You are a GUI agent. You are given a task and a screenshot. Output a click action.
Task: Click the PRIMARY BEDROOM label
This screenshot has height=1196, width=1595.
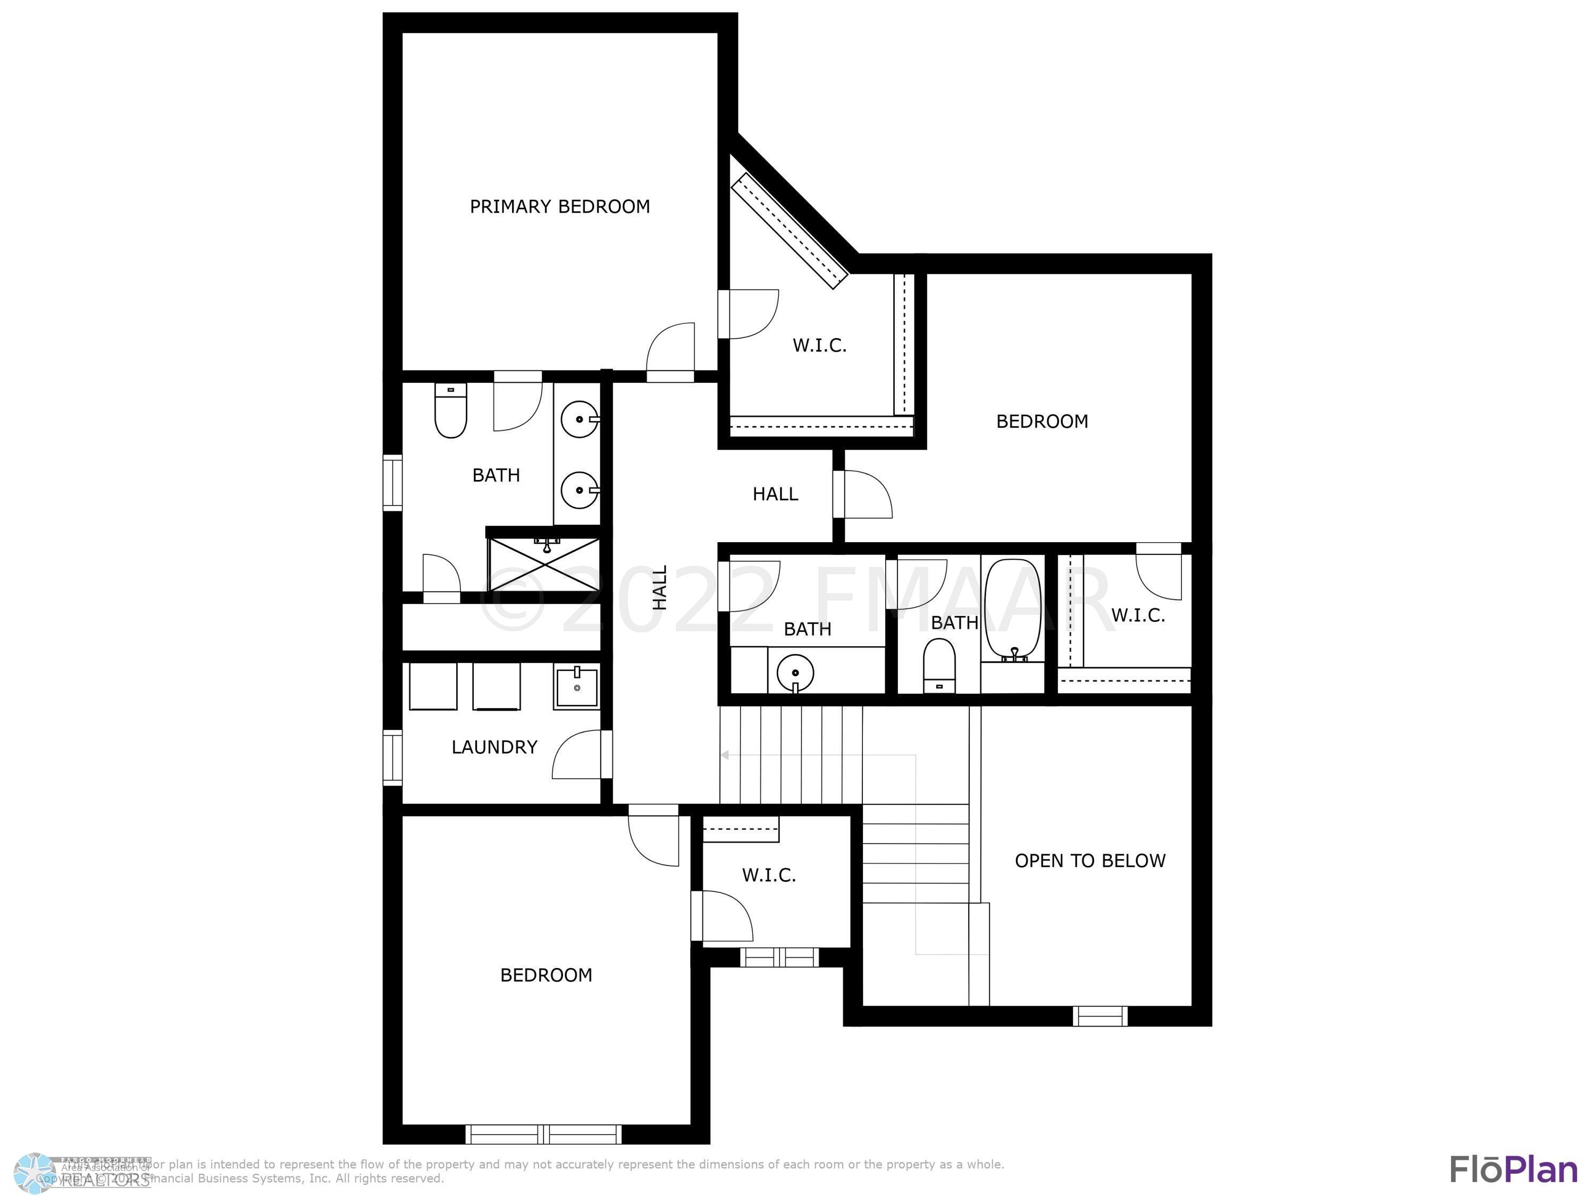tap(559, 207)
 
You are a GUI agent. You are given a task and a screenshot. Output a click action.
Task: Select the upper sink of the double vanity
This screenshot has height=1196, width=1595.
tap(579, 419)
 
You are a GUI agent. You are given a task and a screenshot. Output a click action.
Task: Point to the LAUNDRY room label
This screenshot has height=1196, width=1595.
tap(494, 747)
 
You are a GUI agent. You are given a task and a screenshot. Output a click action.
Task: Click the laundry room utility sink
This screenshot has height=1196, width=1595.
tap(577, 688)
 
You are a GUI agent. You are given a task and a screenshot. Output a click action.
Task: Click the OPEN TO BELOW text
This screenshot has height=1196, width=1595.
tap(1089, 861)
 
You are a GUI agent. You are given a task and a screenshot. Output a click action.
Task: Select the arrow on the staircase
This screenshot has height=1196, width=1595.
tap(725, 755)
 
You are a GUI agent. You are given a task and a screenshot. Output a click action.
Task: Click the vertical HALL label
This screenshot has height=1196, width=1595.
tap(660, 587)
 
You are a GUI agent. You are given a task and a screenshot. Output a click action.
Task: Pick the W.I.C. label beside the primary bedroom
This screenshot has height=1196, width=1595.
tap(819, 346)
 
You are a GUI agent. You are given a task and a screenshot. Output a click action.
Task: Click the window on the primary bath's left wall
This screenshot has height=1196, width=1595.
tap(392, 482)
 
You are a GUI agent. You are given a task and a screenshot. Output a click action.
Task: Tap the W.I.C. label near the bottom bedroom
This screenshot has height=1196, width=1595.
tap(769, 875)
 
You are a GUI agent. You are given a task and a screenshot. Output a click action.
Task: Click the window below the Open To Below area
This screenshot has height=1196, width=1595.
tap(1099, 1016)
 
